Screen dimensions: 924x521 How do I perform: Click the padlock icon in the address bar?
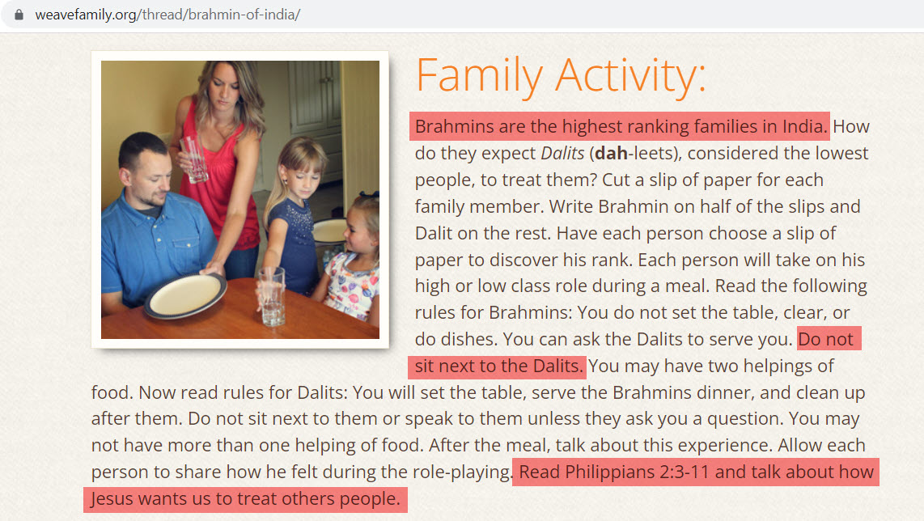19,15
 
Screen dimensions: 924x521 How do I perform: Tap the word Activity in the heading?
630,76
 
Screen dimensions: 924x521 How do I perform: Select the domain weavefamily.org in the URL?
86,15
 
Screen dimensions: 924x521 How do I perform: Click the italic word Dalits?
562,153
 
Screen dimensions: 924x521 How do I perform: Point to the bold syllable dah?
611,153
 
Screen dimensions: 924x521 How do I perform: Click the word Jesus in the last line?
112,498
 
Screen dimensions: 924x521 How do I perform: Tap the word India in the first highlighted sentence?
805,127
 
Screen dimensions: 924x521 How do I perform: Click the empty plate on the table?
185,294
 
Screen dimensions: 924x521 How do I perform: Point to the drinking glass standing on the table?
272,295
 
